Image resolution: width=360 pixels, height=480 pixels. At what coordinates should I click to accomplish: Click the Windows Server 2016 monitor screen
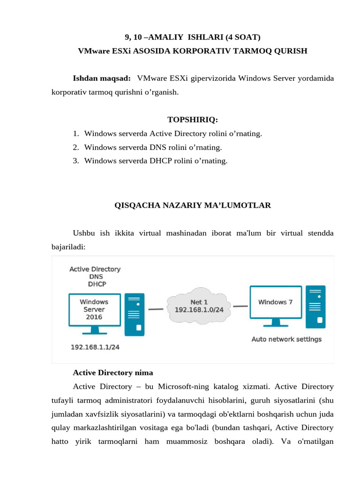pyautogui.click(x=94, y=309)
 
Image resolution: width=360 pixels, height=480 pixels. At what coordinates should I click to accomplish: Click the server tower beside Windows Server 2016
pyautogui.click(x=134, y=315)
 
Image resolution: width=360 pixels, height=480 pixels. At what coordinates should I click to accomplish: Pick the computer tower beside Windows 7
pyautogui.click(x=315, y=307)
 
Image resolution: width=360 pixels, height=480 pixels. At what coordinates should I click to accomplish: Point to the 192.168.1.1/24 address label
pyautogui.click(x=95, y=347)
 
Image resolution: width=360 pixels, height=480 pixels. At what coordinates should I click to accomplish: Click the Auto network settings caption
pyautogui.click(x=286, y=339)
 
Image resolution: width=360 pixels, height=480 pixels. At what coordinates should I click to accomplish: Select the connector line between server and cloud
pyautogui.click(x=156, y=309)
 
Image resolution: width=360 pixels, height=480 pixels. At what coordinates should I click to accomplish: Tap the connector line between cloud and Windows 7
pyautogui.click(x=240, y=307)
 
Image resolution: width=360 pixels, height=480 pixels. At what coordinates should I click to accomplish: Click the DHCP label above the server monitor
pyautogui.click(x=97, y=284)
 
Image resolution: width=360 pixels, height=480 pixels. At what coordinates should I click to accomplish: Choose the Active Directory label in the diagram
pyautogui.click(x=95, y=269)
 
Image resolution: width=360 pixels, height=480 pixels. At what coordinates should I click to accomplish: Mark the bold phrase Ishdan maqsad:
pyautogui.click(x=102, y=78)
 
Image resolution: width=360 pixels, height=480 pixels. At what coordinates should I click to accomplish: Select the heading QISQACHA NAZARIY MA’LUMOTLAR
pyautogui.click(x=193, y=205)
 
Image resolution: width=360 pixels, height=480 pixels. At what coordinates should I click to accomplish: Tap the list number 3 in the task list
pyautogui.click(x=75, y=161)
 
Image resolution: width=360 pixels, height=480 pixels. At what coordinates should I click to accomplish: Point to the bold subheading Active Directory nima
pyautogui.click(x=113, y=373)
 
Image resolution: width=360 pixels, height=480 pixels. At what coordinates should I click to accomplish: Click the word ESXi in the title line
pyautogui.click(x=121, y=51)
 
